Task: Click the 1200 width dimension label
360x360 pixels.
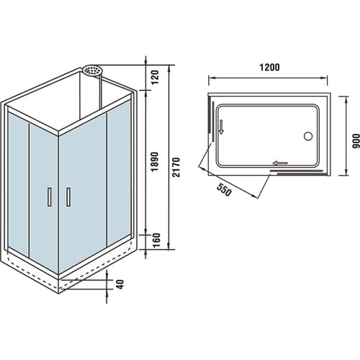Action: [x=269, y=68]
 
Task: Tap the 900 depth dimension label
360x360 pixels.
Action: [x=356, y=141]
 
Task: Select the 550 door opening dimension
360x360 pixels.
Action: [x=224, y=189]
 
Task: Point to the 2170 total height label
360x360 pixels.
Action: [x=176, y=167]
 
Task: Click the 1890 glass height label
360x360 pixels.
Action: [x=155, y=161]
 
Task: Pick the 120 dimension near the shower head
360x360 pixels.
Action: [x=155, y=77]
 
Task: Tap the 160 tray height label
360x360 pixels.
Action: [x=156, y=240]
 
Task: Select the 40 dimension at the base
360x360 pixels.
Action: [x=120, y=284]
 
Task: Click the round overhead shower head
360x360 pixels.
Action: [x=93, y=70]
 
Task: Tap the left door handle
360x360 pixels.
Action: [x=50, y=197]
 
